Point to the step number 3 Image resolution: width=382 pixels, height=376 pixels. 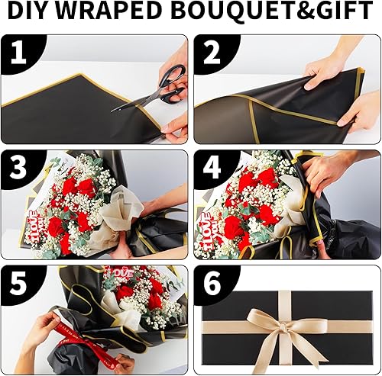pos(17,167)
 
